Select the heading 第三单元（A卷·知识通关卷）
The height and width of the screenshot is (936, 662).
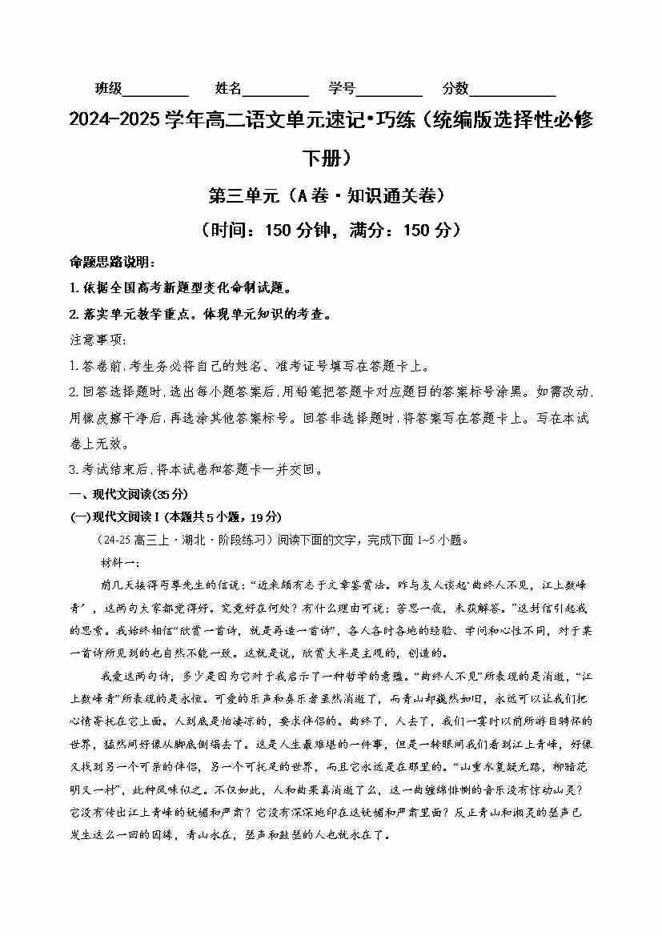[331, 195]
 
